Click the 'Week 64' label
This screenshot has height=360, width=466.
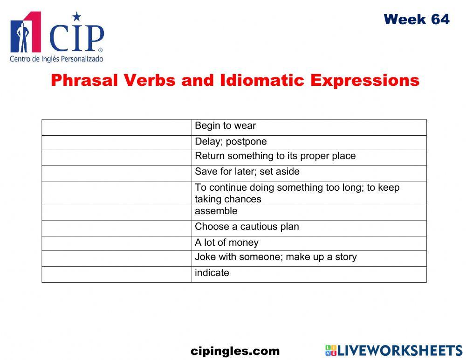point(417,20)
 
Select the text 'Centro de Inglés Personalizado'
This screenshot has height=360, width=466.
point(56,59)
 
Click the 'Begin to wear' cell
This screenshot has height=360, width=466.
point(225,126)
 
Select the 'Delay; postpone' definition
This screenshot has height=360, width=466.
point(231,142)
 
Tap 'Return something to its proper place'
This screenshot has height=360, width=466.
point(275,156)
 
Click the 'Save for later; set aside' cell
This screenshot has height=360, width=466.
point(247,172)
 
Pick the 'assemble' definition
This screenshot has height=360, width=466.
point(216,211)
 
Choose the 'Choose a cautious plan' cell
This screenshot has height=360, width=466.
point(247,227)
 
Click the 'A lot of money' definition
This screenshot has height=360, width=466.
point(226,242)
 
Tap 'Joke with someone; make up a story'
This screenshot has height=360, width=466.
point(275,257)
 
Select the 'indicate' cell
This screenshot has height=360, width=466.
point(212,273)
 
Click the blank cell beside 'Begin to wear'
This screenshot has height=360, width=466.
point(116,127)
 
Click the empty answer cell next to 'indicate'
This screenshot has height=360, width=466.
point(116,274)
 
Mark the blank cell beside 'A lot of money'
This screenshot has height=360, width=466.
point(116,243)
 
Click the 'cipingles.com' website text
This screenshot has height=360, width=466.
point(235,351)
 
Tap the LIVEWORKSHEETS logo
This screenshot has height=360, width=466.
point(394,351)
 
